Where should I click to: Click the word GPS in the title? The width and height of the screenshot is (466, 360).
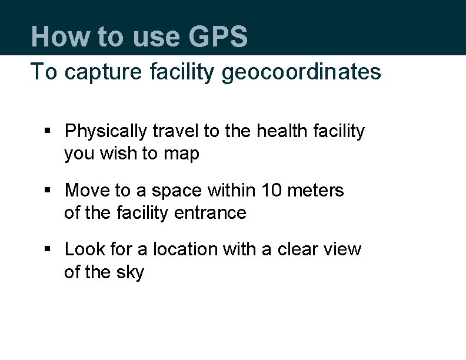[218, 36]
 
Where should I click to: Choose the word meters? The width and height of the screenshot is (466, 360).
[315, 190]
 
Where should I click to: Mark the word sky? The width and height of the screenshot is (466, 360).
[130, 272]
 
